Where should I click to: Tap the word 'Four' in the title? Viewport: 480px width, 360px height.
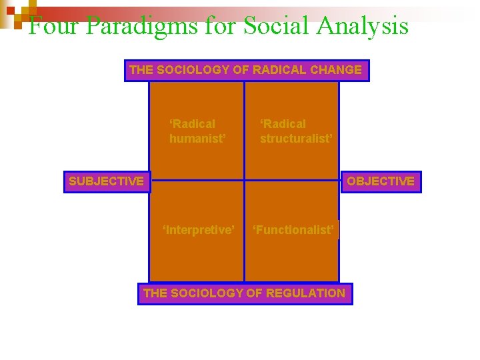click(x=53, y=27)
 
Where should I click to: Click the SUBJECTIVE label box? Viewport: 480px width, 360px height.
click(x=107, y=181)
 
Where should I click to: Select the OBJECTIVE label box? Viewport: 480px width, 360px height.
click(x=381, y=181)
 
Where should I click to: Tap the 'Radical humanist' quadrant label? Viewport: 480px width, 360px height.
click(x=197, y=131)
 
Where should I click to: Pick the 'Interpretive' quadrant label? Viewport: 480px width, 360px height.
click(x=199, y=230)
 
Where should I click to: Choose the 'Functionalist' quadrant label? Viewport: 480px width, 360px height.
click(x=293, y=230)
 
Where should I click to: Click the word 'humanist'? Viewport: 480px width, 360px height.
click(x=197, y=139)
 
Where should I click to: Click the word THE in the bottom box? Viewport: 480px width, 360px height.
click(x=155, y=293)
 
